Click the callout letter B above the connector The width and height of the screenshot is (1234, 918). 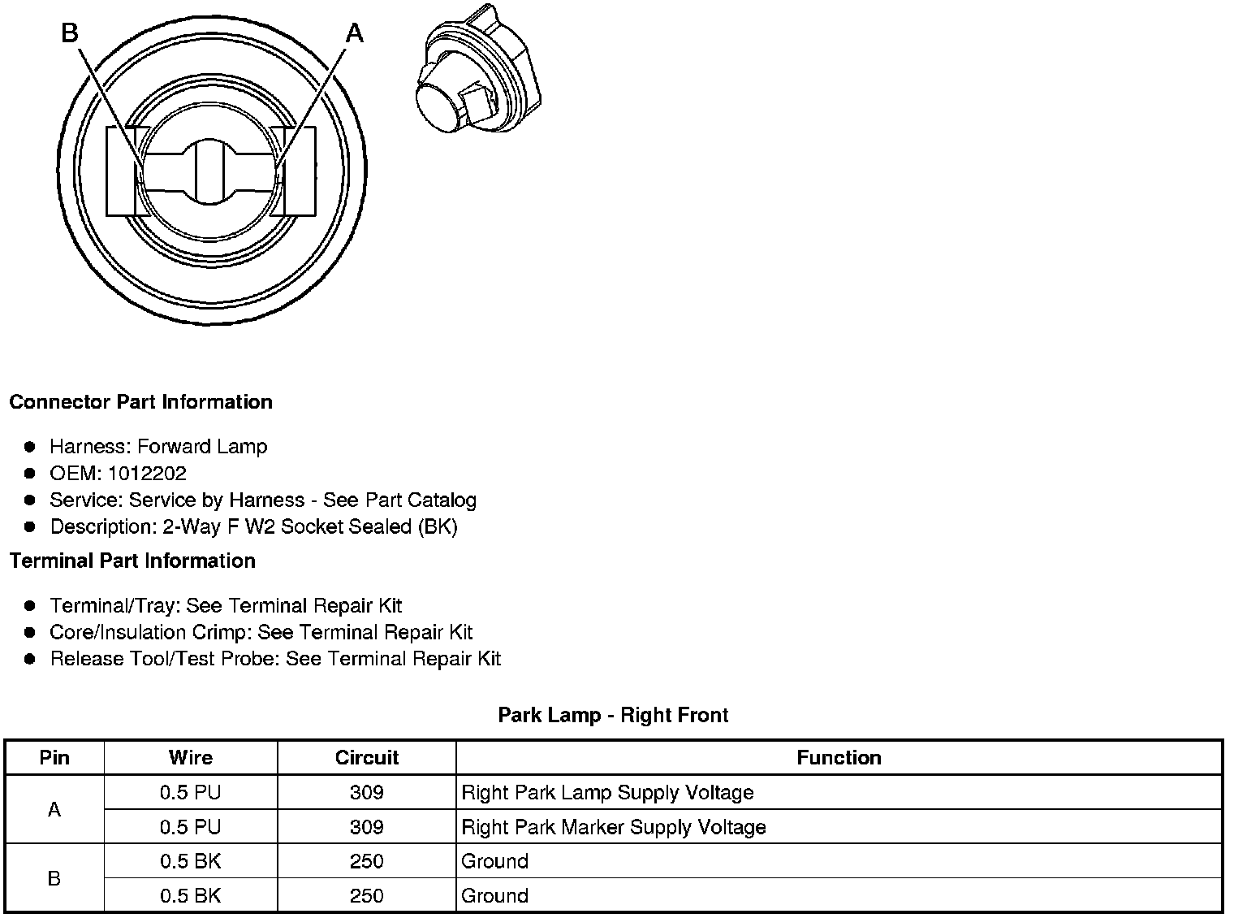click(70, 33)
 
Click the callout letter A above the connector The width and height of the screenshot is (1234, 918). click(355, 33)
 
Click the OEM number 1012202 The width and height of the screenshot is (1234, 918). click(147, 474)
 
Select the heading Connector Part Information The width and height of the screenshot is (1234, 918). click(140, 402)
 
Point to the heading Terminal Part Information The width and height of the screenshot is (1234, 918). click(132, 561)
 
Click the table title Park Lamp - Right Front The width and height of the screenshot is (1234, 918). click(613, 716)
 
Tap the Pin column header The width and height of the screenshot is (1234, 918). click(54, 758)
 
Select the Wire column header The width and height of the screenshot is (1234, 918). click(191, 758)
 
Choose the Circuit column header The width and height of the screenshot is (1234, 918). click(367, 758)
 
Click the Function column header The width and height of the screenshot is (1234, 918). click(839, 758)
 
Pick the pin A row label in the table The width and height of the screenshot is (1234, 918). click(54, 810)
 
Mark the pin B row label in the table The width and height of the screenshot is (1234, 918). click(54, 879)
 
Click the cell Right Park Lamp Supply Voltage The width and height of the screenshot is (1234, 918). click(607, 793)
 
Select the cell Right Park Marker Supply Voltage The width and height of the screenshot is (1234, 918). click(614, 828)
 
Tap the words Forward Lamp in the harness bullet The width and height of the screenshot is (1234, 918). click(202, 447)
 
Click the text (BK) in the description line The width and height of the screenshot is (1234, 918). click(438, 527)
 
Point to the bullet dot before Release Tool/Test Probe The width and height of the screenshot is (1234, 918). click(30, 659)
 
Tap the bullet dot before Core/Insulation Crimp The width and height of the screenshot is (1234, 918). click(30, 632)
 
